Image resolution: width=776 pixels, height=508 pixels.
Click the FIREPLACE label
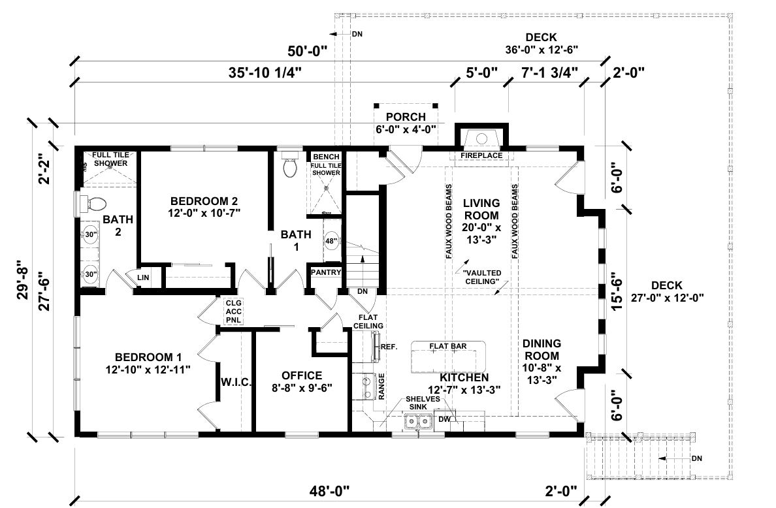point(481,156)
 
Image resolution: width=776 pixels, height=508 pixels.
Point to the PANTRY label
point(325,272)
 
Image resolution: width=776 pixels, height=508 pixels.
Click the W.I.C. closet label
point(236,382)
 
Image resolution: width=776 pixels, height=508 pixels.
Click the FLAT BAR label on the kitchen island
point(447,345)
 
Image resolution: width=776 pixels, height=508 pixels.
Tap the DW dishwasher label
point(444,419)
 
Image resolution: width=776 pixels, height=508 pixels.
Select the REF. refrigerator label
point(389,347)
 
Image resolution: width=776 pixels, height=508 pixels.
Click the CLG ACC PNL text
point(233,312)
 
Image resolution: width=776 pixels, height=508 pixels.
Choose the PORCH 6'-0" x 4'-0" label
point(406,123)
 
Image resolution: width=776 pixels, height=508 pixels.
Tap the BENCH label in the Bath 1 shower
point(325,157)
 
